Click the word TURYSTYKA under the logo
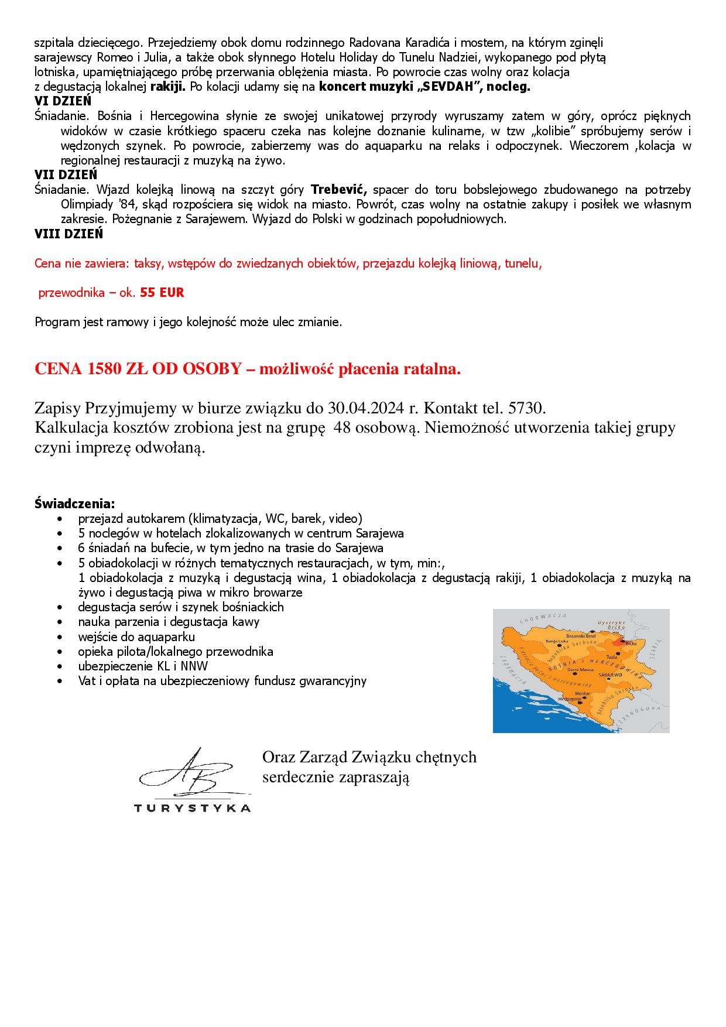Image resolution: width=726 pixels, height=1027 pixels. [x=192, y=809]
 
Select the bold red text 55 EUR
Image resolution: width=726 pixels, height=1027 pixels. [x=162, y=293]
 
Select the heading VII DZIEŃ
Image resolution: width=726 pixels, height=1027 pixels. [x=66, y=174]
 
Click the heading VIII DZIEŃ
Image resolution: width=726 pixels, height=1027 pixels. [x=69, y=234]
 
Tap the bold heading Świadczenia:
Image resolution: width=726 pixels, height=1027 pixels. [x=75, y=503]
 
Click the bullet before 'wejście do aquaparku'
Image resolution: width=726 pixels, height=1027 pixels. [x=60, y=637]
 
